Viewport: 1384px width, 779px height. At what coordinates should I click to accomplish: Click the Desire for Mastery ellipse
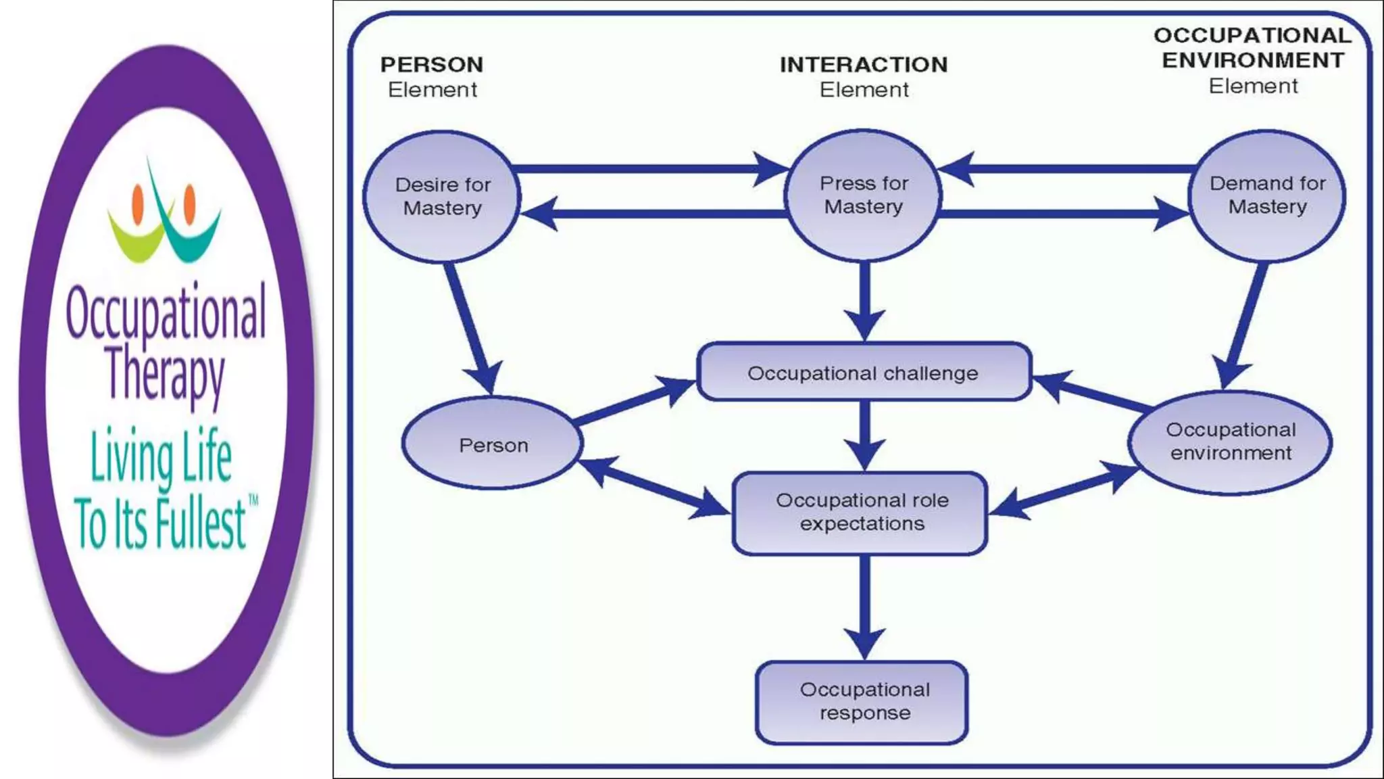pyautogui.click(x=443, y=196)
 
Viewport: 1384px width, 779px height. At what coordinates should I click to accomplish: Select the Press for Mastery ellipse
pyautogui.click(x=863, y=195)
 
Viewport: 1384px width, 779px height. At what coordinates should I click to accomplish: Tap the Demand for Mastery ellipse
pyautogui.click(x=1267, y=195)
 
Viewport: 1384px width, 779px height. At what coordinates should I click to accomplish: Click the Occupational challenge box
pyautogui.click(x=863, y=373)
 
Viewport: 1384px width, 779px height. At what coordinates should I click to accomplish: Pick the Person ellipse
pyautogui.click(x=493, y=444)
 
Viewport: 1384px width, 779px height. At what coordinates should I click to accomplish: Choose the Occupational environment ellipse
pyautogui.click(x=1231, y=442)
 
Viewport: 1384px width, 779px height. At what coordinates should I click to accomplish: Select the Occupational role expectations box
pyautogui.click(x=861, y=512)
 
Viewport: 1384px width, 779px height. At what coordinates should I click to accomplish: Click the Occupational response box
pyautogui.click(x=863, y=701)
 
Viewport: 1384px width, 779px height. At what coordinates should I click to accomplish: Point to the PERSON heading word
pyautogui.click(x=432, y=65)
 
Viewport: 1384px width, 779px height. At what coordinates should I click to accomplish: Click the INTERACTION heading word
pyautogui.click(x=863, y=65)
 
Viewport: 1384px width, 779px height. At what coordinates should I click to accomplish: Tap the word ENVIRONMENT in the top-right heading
pyautogui.click(x=1252, y=61)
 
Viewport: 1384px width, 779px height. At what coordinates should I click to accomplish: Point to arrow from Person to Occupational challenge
pyautogui.click(x=632, y=402)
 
